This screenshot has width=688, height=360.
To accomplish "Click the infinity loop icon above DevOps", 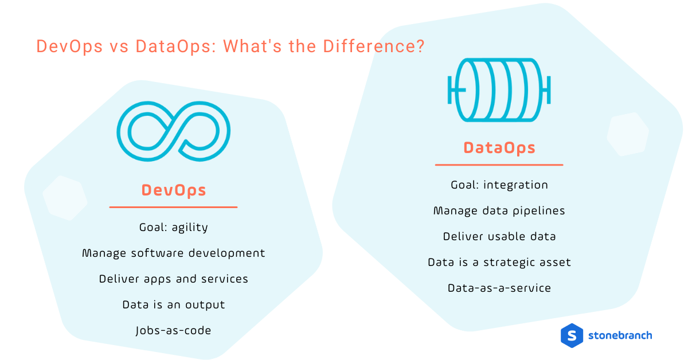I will (174, 131).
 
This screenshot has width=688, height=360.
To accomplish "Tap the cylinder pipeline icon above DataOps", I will (499, 89).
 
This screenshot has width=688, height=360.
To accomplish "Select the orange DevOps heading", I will (174, 190).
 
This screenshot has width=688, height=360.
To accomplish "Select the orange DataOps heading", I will (499, 148).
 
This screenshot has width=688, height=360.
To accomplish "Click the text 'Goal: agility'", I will (174, 228).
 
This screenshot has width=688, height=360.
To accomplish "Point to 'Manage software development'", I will (174, 253).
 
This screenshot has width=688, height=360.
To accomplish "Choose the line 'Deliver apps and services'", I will (174, 279).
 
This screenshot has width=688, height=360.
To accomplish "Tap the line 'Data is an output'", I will (174, 304).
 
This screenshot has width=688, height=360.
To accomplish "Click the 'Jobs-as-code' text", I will (174, 330).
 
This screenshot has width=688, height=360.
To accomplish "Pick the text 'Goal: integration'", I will (499, 185).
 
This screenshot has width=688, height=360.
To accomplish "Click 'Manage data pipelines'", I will (499, 210).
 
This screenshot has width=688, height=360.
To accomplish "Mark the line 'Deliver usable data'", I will (499, 236).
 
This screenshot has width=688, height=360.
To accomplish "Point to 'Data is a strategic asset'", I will (499, 262).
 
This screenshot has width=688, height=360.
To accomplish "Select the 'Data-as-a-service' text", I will (499, 288).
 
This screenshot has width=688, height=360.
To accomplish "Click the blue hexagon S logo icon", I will (572, 335).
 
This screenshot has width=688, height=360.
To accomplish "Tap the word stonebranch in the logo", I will (620, 335).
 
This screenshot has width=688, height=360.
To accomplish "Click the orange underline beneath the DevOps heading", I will (174, 207).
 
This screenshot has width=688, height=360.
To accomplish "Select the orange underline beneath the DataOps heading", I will (499, 165).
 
